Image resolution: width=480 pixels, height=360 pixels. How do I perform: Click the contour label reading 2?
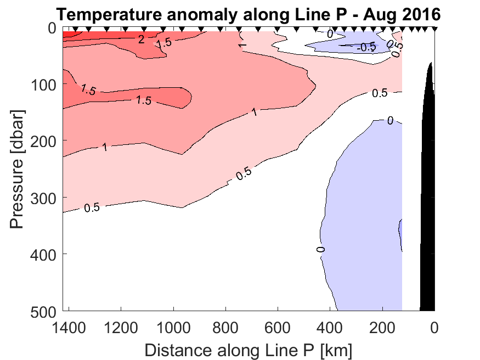141,39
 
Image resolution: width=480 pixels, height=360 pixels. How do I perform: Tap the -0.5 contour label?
366,47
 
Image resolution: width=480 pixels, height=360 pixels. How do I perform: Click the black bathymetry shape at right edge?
428,209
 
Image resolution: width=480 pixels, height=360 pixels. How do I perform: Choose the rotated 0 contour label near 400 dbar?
321,250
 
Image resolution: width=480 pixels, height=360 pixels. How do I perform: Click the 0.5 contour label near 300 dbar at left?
92,207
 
